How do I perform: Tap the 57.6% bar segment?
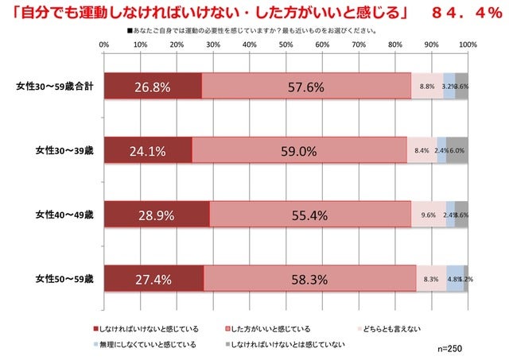306,87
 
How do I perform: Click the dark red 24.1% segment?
148,150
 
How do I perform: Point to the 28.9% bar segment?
157,215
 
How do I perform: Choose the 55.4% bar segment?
310,215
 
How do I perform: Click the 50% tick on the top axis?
286,45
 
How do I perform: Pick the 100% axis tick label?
467,45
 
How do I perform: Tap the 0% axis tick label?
104,45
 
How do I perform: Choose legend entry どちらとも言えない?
388,327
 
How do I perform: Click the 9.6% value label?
428,215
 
